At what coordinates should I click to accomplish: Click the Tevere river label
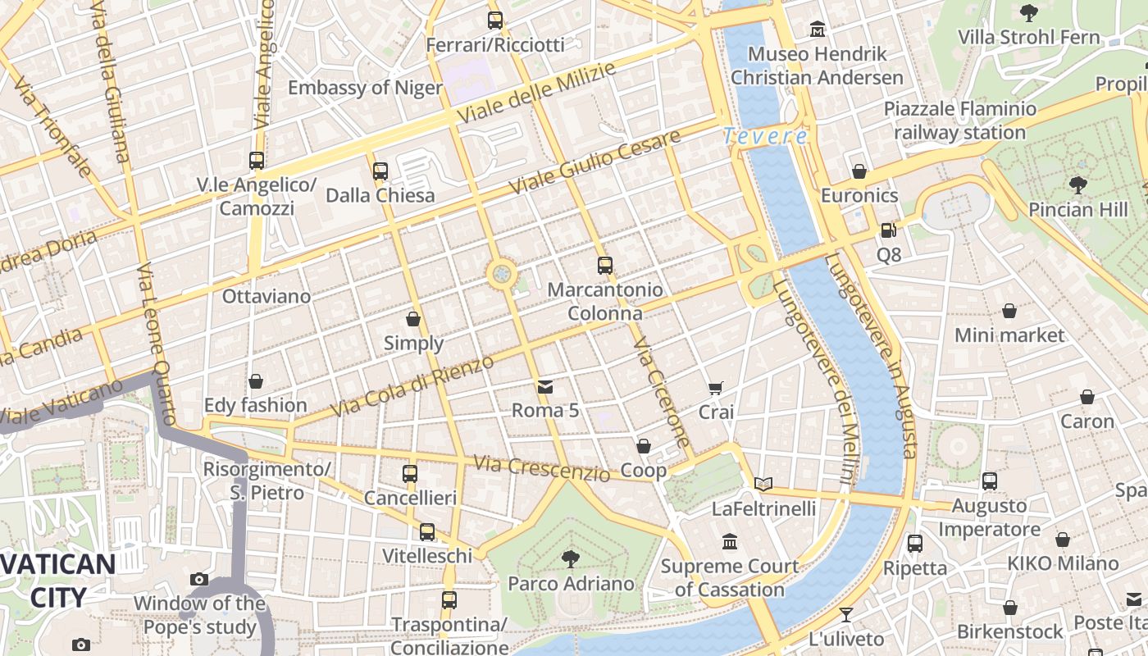(x=766, y=136)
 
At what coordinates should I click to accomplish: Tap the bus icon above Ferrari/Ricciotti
(x=495, y=20)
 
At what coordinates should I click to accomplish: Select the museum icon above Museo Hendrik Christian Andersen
(x=818, y=30)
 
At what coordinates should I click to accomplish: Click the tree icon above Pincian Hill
(x=1078, y=185)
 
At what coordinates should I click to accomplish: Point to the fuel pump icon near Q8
(x=889, y=230)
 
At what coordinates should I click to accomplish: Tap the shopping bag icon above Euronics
(x=859, y=171)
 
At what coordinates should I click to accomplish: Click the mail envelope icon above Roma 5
(x=545, y=386)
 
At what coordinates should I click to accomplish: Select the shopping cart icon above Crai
(x=716, y=388)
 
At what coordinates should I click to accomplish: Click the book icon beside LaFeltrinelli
(x=763, y=484)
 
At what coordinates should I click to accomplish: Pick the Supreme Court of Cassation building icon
(x=730, y=542)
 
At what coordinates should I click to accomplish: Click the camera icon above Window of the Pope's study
(x=199, y=580)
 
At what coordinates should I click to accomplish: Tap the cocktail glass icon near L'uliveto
(x=846, y=614)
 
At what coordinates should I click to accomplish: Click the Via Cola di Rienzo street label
(x=412, y=386)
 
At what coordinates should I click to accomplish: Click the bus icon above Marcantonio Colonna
(x=605, y=265)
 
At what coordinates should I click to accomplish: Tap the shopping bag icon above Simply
(x=413, y=318)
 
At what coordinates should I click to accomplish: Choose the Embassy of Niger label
(x=365, y=88)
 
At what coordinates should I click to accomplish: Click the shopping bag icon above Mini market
(x=1009, y=311)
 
